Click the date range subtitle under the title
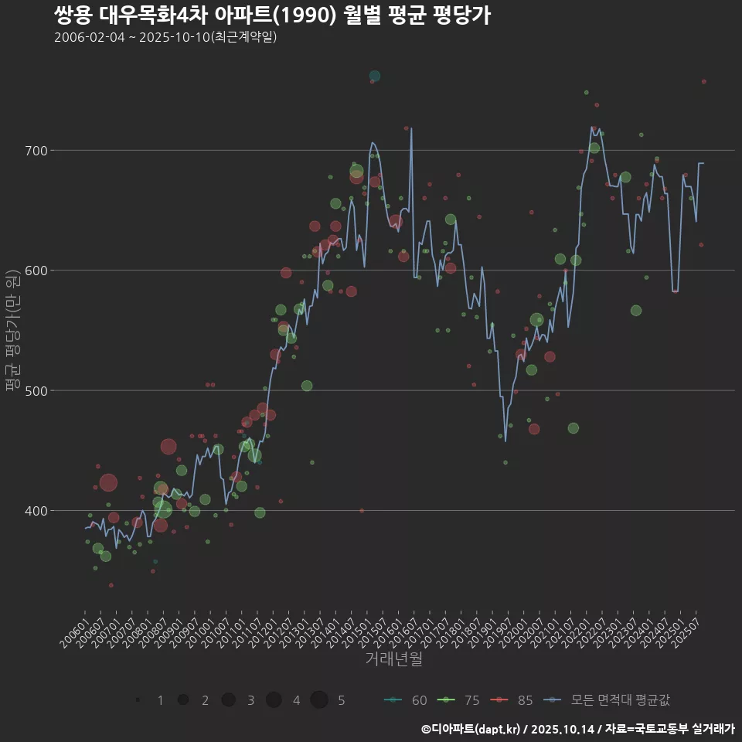(165, 38)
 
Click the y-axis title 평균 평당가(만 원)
(12, 332)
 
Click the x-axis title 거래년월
(393, 659)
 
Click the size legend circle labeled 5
(319, 700)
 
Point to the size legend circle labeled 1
(138, 700)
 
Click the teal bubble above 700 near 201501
(375, 76)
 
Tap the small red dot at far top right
(703, 81)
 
